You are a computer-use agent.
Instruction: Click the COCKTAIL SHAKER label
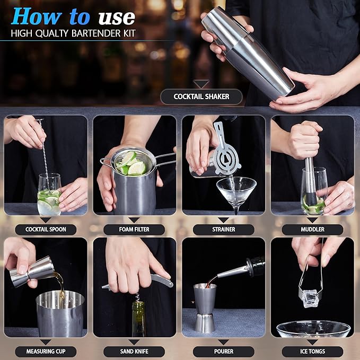201,96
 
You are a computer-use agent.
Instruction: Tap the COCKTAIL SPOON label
45,230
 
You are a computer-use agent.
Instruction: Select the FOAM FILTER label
134,230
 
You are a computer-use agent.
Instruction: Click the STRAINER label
223,230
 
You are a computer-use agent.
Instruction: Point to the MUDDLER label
312,230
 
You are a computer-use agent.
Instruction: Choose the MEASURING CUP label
45,352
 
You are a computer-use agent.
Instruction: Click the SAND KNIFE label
134,352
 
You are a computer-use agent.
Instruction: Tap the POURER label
223,352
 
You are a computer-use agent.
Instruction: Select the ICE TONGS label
312,352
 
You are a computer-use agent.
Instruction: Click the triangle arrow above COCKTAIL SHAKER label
201,84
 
